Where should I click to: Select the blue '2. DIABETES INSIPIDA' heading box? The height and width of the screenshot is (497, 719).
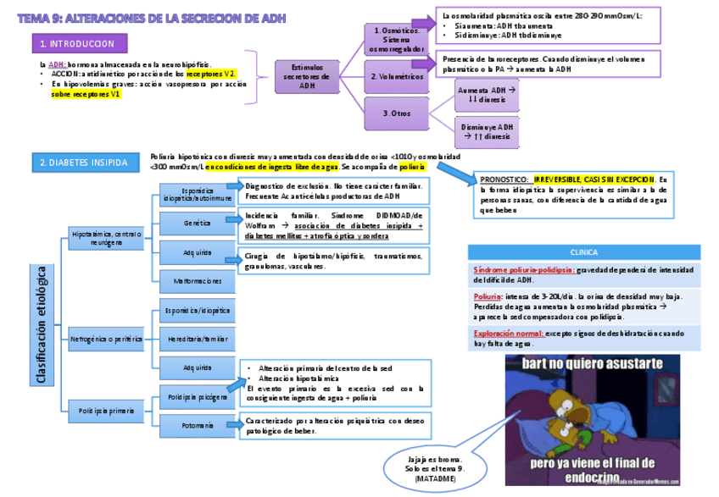click(84, 163)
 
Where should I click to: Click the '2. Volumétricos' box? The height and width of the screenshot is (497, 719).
click(397, 76)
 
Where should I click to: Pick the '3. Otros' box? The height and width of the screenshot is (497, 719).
click(397, 113)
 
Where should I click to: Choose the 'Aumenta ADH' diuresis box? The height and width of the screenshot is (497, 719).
click(480, 94)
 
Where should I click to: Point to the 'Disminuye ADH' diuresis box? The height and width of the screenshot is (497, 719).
click(480, 131)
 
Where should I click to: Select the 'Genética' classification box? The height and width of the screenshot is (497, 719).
click(197, 223)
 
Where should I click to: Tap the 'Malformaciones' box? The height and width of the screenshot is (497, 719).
click(197, 281)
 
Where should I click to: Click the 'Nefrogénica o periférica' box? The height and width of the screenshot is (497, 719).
click(107, 339)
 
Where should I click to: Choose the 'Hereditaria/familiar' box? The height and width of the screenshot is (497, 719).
click(197, 339)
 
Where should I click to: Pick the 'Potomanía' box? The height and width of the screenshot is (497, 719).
click(197, 425)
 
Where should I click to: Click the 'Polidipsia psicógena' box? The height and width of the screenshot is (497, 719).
click(197, 396)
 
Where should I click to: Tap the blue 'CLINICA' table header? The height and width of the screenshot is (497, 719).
click(584, 251)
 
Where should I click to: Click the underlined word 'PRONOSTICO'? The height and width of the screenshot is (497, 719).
click(504, 179)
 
